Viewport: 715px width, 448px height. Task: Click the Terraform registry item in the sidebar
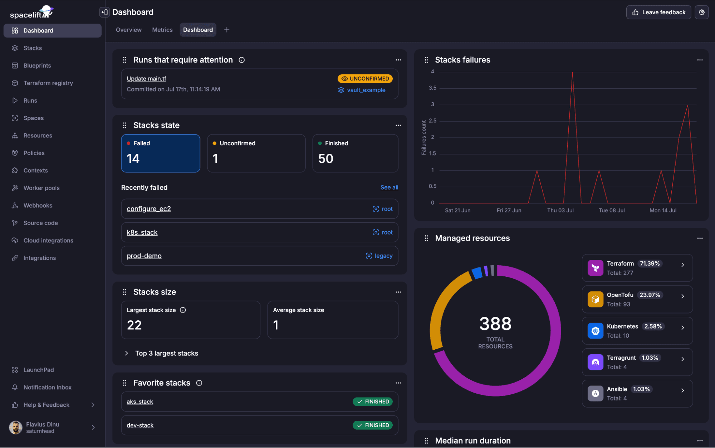[x=48, y=83]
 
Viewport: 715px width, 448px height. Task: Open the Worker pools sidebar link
[x=41, y=188]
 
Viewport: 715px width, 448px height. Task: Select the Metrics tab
[x=162, y=30]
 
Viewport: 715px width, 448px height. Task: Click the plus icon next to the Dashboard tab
[x=227, y=30]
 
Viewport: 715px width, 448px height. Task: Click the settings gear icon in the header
[x=702, y=12]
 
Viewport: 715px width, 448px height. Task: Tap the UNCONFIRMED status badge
[x=365, y=79]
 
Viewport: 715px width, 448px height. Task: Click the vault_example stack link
[x=366, y=90]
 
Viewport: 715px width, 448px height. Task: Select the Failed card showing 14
[x=161, y=153]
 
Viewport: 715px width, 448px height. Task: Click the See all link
[x=389, y=187]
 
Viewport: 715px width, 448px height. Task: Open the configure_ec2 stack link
[x=149, y=209]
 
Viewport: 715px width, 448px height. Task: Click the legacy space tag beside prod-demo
[x=379, y=256]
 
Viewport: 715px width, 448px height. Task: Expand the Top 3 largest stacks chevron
[x=126, y=353]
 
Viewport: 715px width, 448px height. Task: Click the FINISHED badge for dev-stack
[x=373, y=425]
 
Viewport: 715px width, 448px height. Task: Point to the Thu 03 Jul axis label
[x=560, y=210]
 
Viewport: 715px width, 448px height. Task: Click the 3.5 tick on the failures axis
[x=432, y=88]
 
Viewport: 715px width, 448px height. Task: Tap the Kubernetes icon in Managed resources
[x=595, y=331]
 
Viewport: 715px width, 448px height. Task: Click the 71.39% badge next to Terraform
[x=650, y=264]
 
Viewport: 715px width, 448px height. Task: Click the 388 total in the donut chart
[x=495, y=324]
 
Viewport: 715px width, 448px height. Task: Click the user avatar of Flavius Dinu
[x=15, y=427]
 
